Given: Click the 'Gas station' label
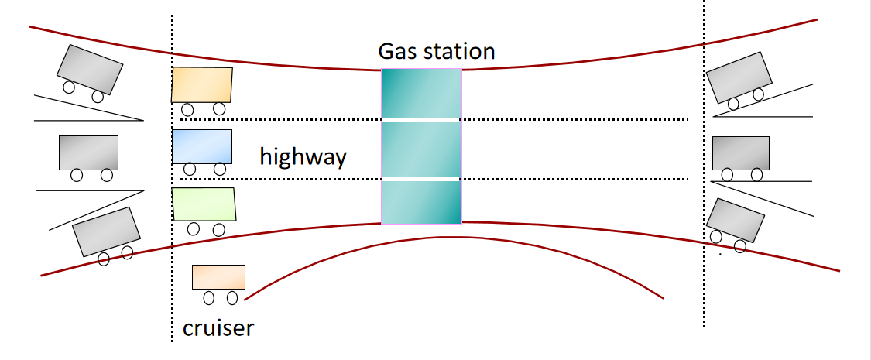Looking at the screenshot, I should pyautogui.click(x=436, y=52).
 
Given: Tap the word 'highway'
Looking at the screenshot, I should pyautogui.click(x=303, y=157).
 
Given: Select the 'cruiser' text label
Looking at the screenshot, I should pyautogui.click(x=218, y=328).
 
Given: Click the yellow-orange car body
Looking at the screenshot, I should pyautogui.click(x=202, y=84).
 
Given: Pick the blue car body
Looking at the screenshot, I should pyautogui.click(x=202, y=146).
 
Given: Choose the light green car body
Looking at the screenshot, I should pyautogui.click(x=204, y=204).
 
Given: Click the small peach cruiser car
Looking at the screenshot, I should pyautogui.click(x=218, y=277).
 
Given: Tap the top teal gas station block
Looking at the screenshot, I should pyautogui.click(x=421, y=93).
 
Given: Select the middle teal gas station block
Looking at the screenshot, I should pyautogui.click(x=421, y=149).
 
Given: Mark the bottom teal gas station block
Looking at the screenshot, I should pyautogui.click(x=421, y=202).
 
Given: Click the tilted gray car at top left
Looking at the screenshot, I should pyautogui.click(x=90, y=69).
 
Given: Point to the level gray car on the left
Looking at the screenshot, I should pyautogui.click(x=89, y=153).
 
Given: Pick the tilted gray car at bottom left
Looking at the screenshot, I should pyautogui.click(x=105, y=230).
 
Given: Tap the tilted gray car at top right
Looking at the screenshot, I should pyautogui.click(x=739, y=77).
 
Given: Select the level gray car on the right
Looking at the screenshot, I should pyautogui.click(x=741, y=153).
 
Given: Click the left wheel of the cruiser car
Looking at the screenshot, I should pyautogui.click(x=208, y=298).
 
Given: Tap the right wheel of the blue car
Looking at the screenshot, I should pyautogui.click(x=220, y=169).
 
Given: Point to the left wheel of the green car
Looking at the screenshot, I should pyautogui.click(x=193, y=228).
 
